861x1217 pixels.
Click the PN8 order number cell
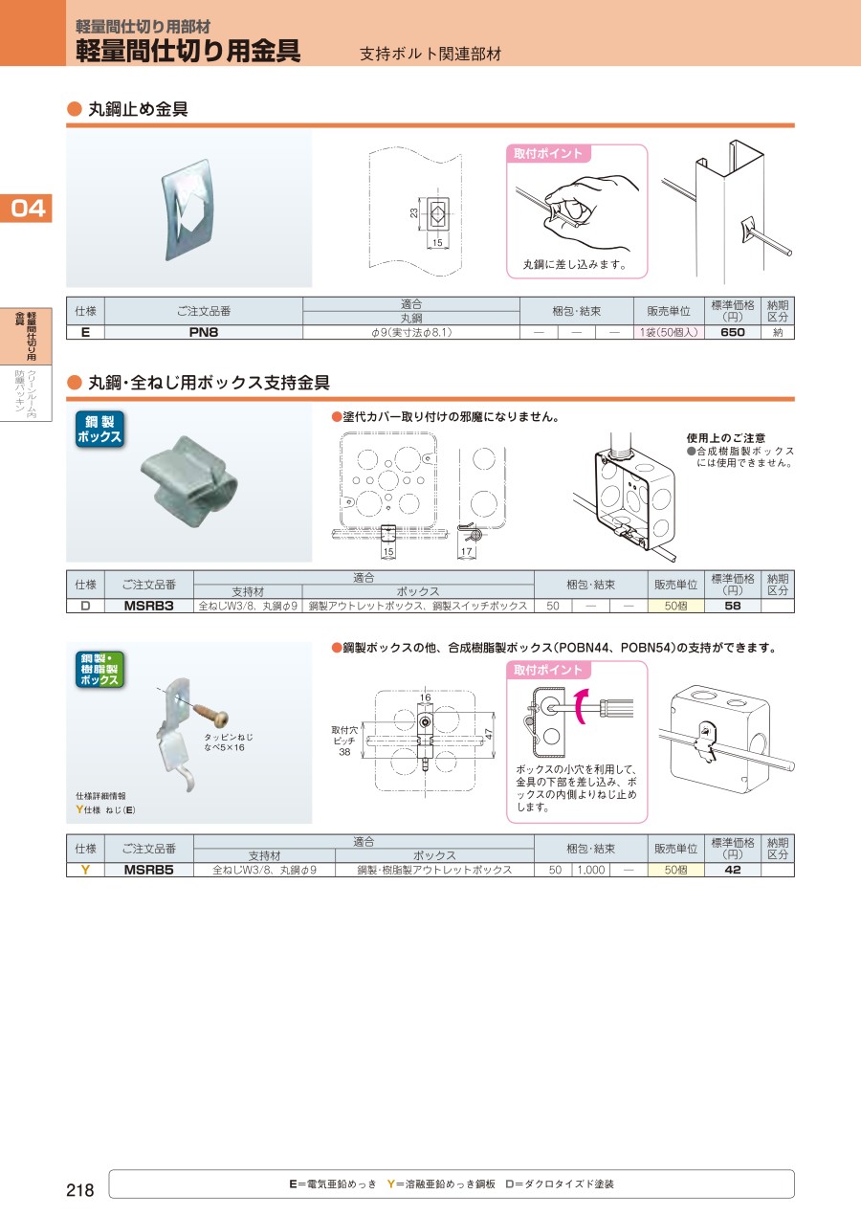coord(203,333)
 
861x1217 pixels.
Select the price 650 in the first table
coord(732,333)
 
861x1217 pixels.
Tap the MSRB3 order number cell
coord(148,606)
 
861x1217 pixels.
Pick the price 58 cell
coord(732,606)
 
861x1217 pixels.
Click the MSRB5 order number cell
coord(148,870)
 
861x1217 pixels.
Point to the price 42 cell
coord(732,870)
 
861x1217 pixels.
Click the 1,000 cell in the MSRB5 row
coord(590,870)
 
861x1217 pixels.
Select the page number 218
coord(79,1190)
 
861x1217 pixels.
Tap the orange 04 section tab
coord(26,208)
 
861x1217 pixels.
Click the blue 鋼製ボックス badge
coord(99,430)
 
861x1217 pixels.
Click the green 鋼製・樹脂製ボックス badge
coord(99,670)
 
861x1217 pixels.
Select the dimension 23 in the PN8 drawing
coord(414,213)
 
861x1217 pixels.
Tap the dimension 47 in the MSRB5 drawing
coord(488,734)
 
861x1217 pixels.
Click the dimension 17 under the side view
coord(467,551)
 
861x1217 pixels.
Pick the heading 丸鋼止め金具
coord(138,109)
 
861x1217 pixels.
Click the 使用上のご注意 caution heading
coord(726,438)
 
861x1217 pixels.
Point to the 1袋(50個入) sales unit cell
coord(669,333)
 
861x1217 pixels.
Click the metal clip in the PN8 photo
coord(186,210)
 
